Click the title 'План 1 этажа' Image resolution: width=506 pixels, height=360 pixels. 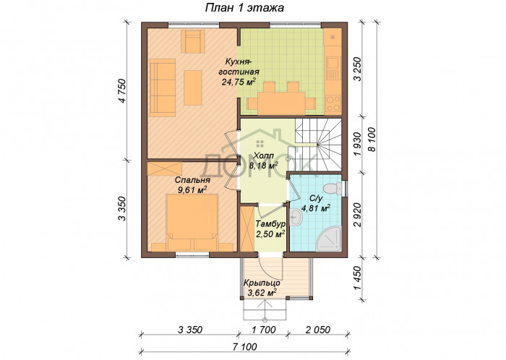[244, 8]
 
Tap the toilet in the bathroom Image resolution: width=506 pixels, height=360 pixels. [333, 188]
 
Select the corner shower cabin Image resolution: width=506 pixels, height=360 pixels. [328, 239]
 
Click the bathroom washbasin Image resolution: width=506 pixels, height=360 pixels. [296, 218]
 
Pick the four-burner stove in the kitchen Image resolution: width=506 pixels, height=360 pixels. [333, 103]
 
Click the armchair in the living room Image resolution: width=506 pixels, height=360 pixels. [193, 41]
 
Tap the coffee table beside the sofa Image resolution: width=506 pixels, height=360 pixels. [193, 87]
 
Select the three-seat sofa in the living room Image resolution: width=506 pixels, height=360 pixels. [162, 87]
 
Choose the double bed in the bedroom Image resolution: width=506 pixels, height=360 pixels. [192, 223]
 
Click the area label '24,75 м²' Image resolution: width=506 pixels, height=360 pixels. [239, 82]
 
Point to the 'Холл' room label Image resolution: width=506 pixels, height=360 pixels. [264, 156]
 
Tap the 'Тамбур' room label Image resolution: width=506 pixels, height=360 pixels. [270, 224]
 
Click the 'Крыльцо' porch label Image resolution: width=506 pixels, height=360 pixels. [262, 283]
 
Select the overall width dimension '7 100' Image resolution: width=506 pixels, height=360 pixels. [245, 347]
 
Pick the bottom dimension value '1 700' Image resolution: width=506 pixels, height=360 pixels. [264, 330]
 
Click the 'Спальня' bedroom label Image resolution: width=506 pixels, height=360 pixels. [192, 180]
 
